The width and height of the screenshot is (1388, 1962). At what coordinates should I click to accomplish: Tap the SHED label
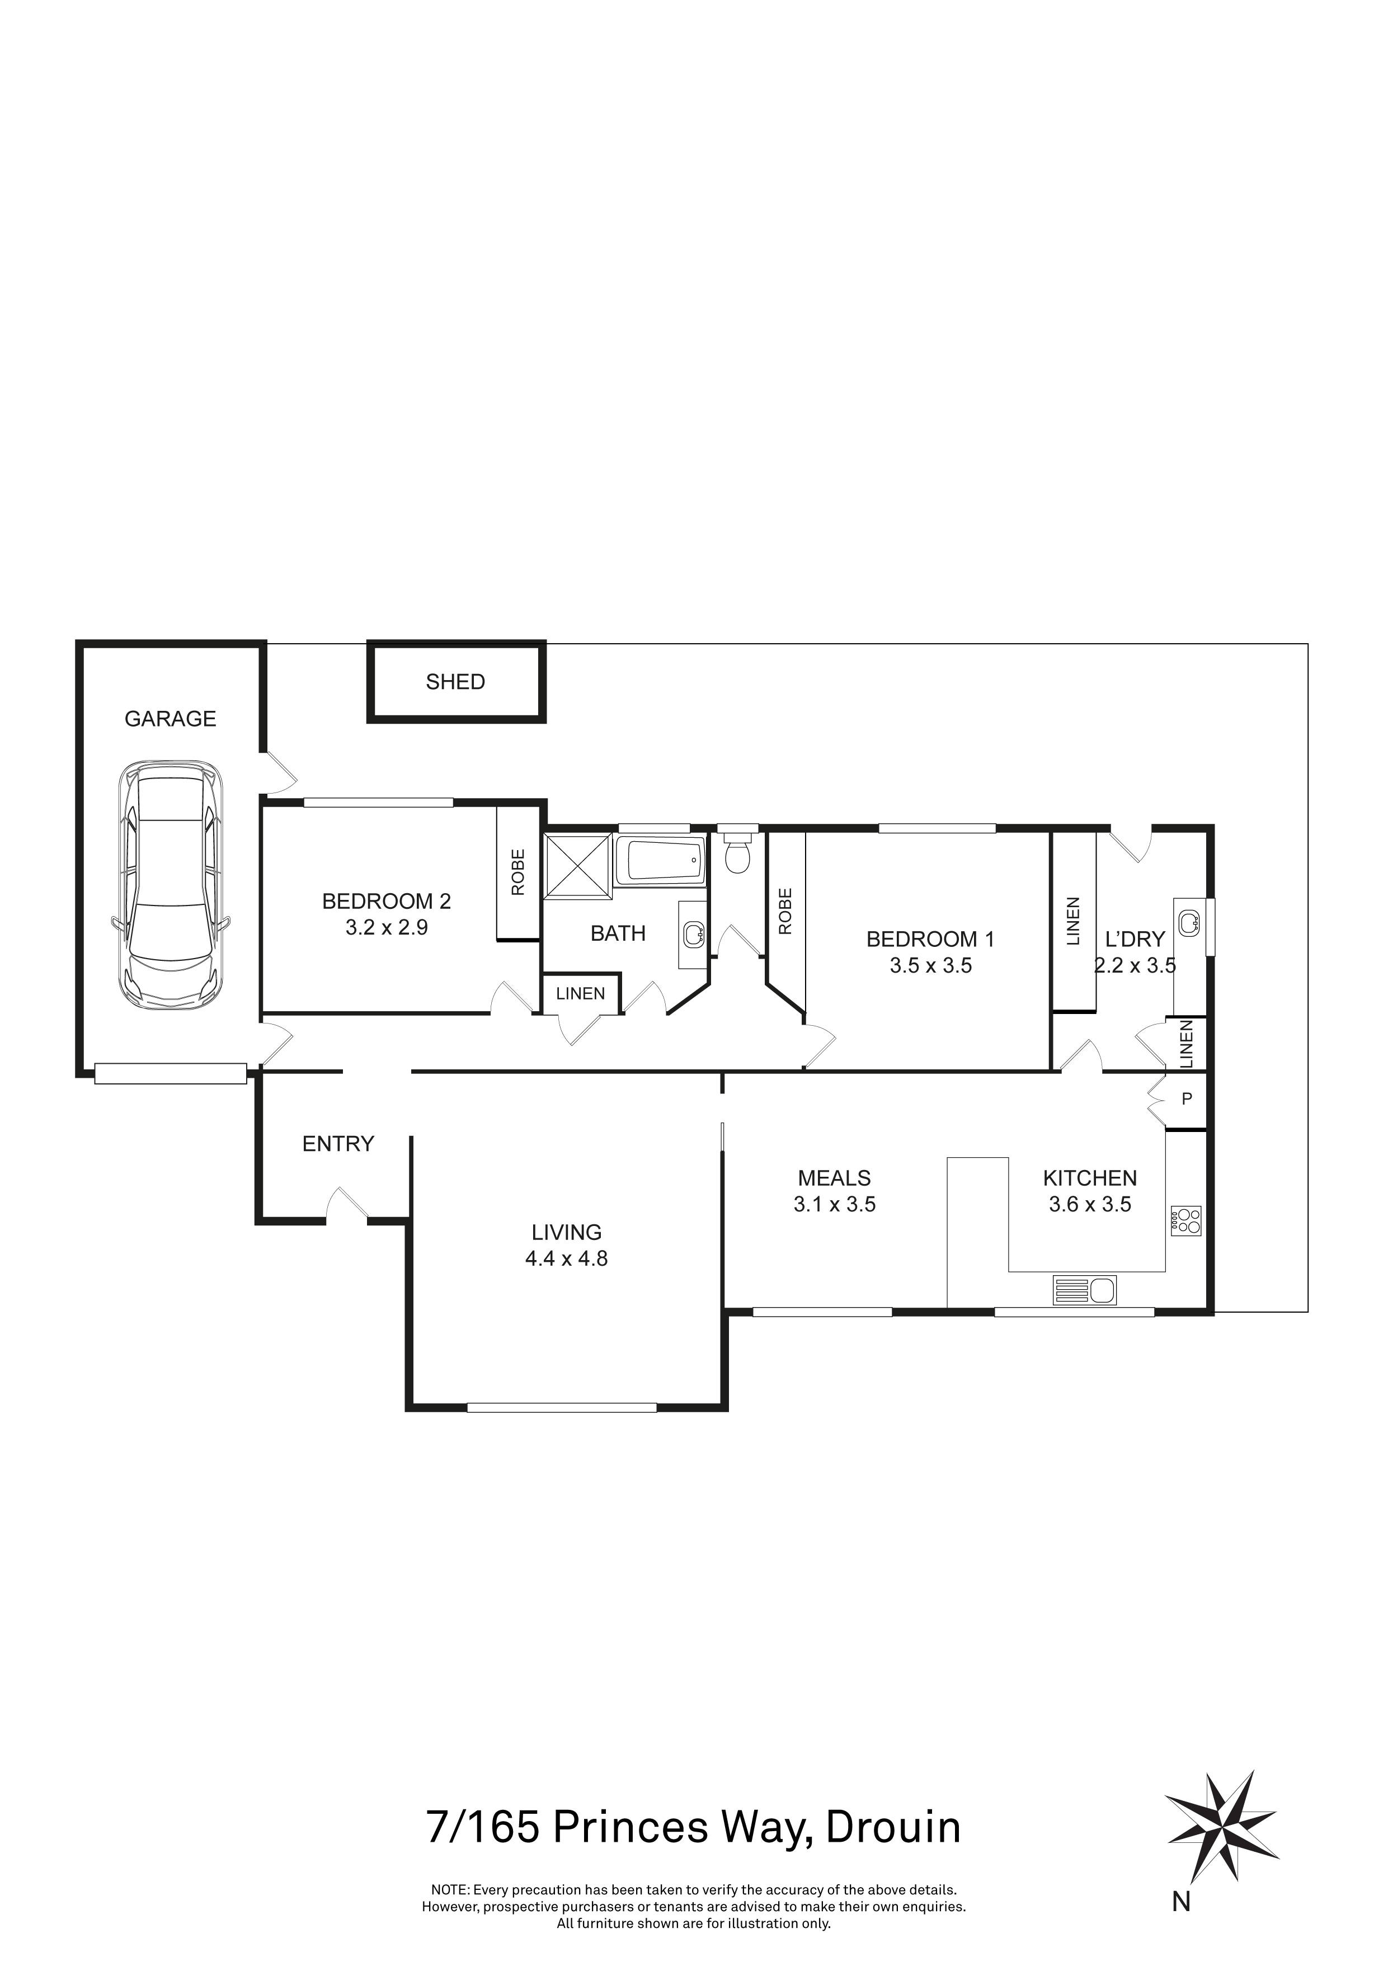click(x=455, y=682)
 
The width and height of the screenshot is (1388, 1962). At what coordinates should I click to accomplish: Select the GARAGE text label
click(x=170, y=719)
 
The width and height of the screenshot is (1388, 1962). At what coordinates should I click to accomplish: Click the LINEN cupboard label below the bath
click(x=580, y=994)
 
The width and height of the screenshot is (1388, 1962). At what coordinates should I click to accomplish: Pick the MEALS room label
click(x=834, y=1177)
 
